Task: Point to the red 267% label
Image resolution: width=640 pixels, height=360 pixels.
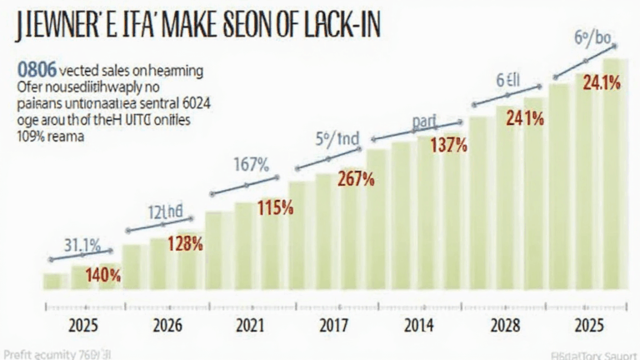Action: [x=356, y=178]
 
